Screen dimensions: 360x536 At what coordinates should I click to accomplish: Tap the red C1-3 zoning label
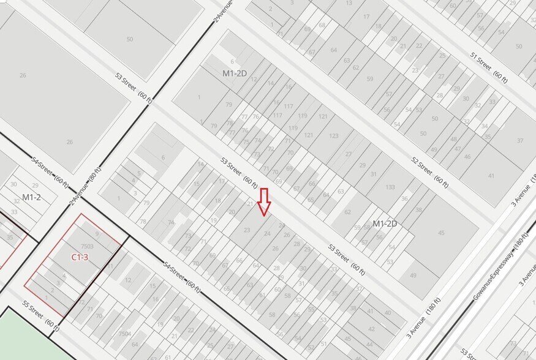pyautogui.click(x=80, y=257)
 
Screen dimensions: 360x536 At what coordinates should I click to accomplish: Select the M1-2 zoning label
pyautogui.click(x=31, y=197)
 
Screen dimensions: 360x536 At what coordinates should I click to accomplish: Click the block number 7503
pyautogui.click(x=86, y=246)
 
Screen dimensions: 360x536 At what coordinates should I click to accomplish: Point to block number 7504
pyautogui.click(x=124, y=334)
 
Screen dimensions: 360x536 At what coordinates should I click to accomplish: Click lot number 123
pyautogui.click(x=333, y=136)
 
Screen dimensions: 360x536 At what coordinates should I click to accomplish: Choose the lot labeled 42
pyautogui.click(x=371, y=329)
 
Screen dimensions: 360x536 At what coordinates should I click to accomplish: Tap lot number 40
pyautogui.click(x=387, y=313)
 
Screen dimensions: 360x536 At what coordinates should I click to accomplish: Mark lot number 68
pyautogui.click(x=322, y=25)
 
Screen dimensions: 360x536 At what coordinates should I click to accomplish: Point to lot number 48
pyautogui.click(x=454, y=139)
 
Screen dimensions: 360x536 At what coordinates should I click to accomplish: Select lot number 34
pyautogui.click(x=485, y=126)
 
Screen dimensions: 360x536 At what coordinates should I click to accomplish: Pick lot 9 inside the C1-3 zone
pyautogui.click(x=97, y=233)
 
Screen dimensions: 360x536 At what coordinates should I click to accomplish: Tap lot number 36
pyautogui.click(x=404, y=198)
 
